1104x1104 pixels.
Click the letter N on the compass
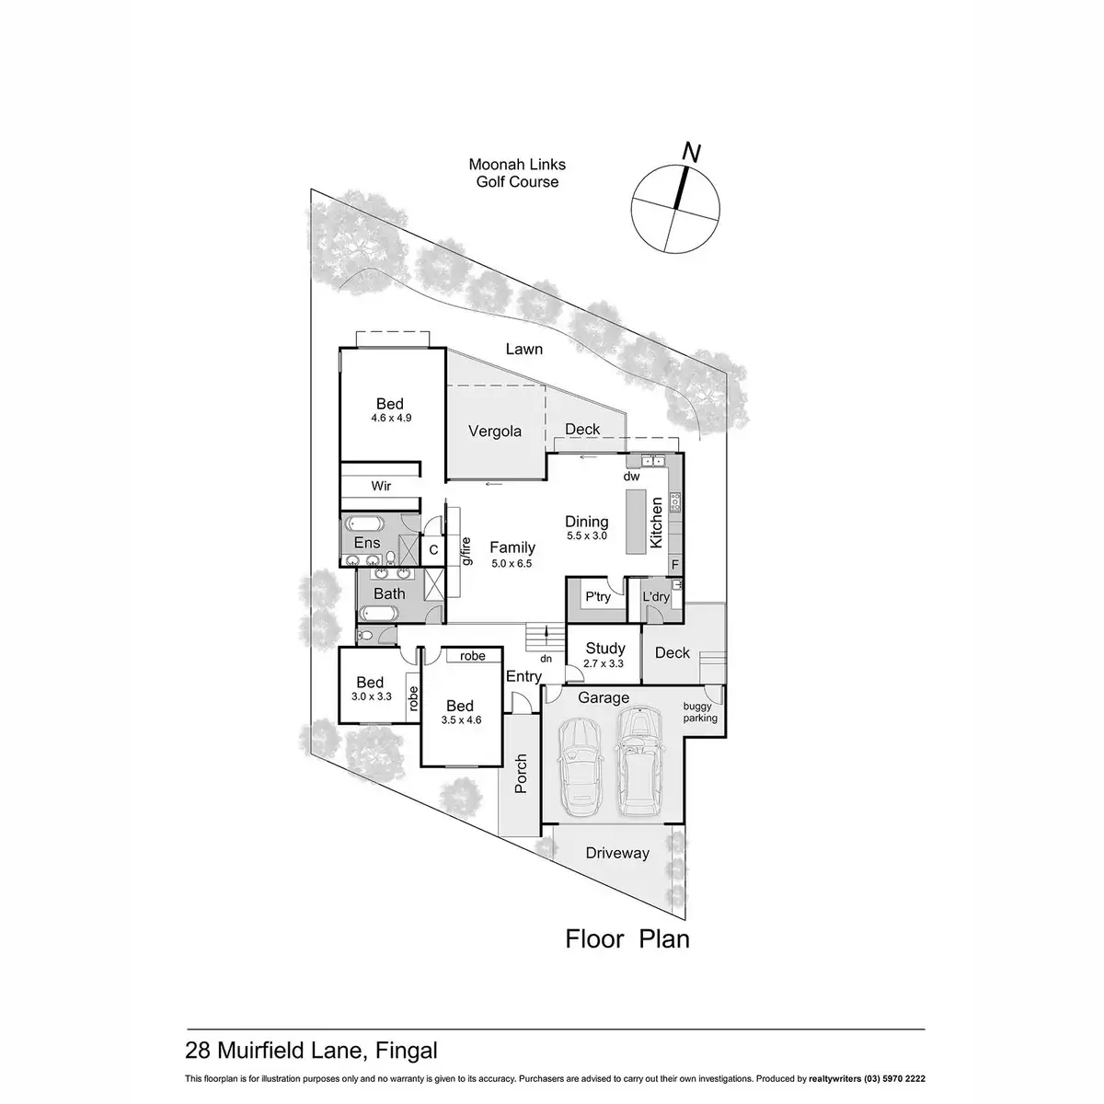[x=693, y=153]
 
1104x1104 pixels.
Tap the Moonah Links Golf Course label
[x=517, y=173]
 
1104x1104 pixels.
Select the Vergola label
[x=495, y=431]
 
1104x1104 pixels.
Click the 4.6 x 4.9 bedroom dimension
[x=390, y=418]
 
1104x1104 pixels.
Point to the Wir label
[x=382, y=485]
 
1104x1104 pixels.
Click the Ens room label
[x=367, y=543]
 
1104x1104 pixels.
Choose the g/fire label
[x=466, y=550]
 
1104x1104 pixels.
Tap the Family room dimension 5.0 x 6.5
[x=512, y=563]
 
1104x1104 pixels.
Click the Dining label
[x=587, y=522]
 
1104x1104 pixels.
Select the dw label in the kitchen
[x=631, y=477]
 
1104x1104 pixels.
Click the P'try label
[x=598, y=597]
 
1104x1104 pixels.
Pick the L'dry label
[x=656, y=597]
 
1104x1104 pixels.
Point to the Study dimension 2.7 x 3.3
[x=604, y=662]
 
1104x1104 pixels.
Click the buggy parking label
[x=699, y=713]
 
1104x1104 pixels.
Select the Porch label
[x=521, y=775]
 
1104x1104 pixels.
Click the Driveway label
[x=617, y=853]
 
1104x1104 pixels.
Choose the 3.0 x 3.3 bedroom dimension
[x=372, y=696]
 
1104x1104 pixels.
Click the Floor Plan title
[x=627, y=939]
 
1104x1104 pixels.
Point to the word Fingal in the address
[x=406, y=1050]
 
